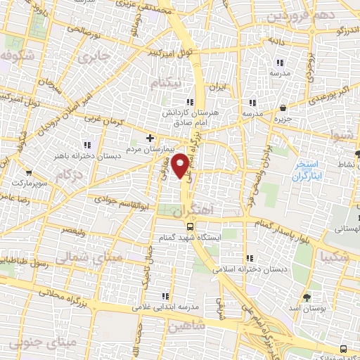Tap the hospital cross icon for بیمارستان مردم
point(149,137)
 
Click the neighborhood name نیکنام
point(166,84)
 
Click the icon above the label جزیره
point(283,108)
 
